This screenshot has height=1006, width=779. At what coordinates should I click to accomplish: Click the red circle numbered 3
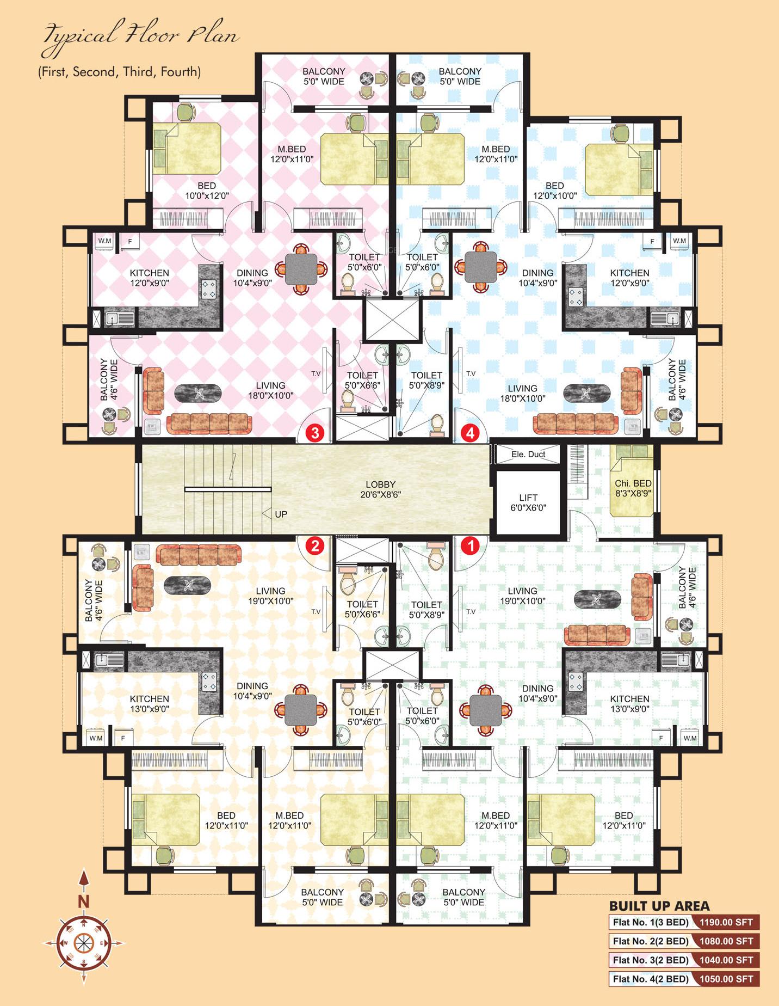(x=316, y=433)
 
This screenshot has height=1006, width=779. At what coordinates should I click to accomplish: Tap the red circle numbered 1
(x=470, y=545)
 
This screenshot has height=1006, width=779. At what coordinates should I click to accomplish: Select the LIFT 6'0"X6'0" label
(x=528, y=502)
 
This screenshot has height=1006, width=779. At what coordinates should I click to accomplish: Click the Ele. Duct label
(x=528, y=454)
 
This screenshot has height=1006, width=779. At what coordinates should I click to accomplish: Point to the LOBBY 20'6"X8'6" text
(x=380, y=489)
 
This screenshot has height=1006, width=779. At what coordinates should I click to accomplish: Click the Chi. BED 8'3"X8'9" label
(x=633, y=488)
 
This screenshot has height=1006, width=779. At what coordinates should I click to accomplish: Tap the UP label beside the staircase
(x=281, y=514)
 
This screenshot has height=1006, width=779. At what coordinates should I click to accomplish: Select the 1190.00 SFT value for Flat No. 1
(x=726, y=922)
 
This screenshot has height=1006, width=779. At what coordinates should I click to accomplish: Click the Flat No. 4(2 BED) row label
(x=650, y=979)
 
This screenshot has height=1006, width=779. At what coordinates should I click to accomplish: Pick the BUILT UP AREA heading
(x=659, y=906)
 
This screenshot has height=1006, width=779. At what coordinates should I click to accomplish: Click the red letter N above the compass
(x=83, y=902)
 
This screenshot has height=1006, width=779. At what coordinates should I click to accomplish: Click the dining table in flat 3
(x=301, y=268)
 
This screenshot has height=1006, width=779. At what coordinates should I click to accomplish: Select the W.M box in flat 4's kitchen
(x=679, y=241)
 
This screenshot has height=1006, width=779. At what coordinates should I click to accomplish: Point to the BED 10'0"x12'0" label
(x=206, y=191)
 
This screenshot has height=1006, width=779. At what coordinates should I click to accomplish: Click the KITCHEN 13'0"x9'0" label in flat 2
(x=149, y=703)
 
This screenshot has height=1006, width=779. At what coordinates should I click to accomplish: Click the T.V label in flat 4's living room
(x=471, y=373)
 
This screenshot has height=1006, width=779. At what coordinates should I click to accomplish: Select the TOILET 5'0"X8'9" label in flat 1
(x=426, y=609)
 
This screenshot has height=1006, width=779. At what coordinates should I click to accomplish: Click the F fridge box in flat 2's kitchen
(x=123, y=738)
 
